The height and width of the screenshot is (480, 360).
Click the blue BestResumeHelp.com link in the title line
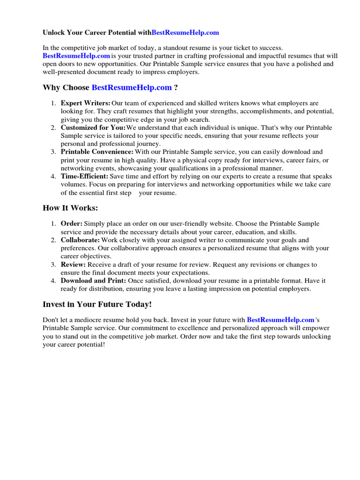tap(186, 33)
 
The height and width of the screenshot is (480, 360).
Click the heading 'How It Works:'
tap(70, 208)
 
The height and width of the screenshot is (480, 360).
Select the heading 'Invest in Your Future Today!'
tap(97, 305)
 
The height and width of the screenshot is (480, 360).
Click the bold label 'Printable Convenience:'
tap(97, 152)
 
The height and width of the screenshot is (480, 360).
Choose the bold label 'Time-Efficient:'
tap(84, 176)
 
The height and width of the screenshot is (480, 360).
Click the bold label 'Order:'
tap(72, 224)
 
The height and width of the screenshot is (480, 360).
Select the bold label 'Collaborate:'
tap(80, 240)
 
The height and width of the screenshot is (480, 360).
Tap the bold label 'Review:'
tap(73, 265)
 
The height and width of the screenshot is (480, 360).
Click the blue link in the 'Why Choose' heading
tap(132, 88)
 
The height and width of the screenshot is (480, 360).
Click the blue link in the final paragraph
tap(280, 320)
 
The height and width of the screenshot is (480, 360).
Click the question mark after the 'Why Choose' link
tap(176, 88)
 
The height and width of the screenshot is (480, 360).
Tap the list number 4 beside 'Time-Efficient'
tap(53, 176)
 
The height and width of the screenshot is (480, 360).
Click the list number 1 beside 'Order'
tap(53, 224)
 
